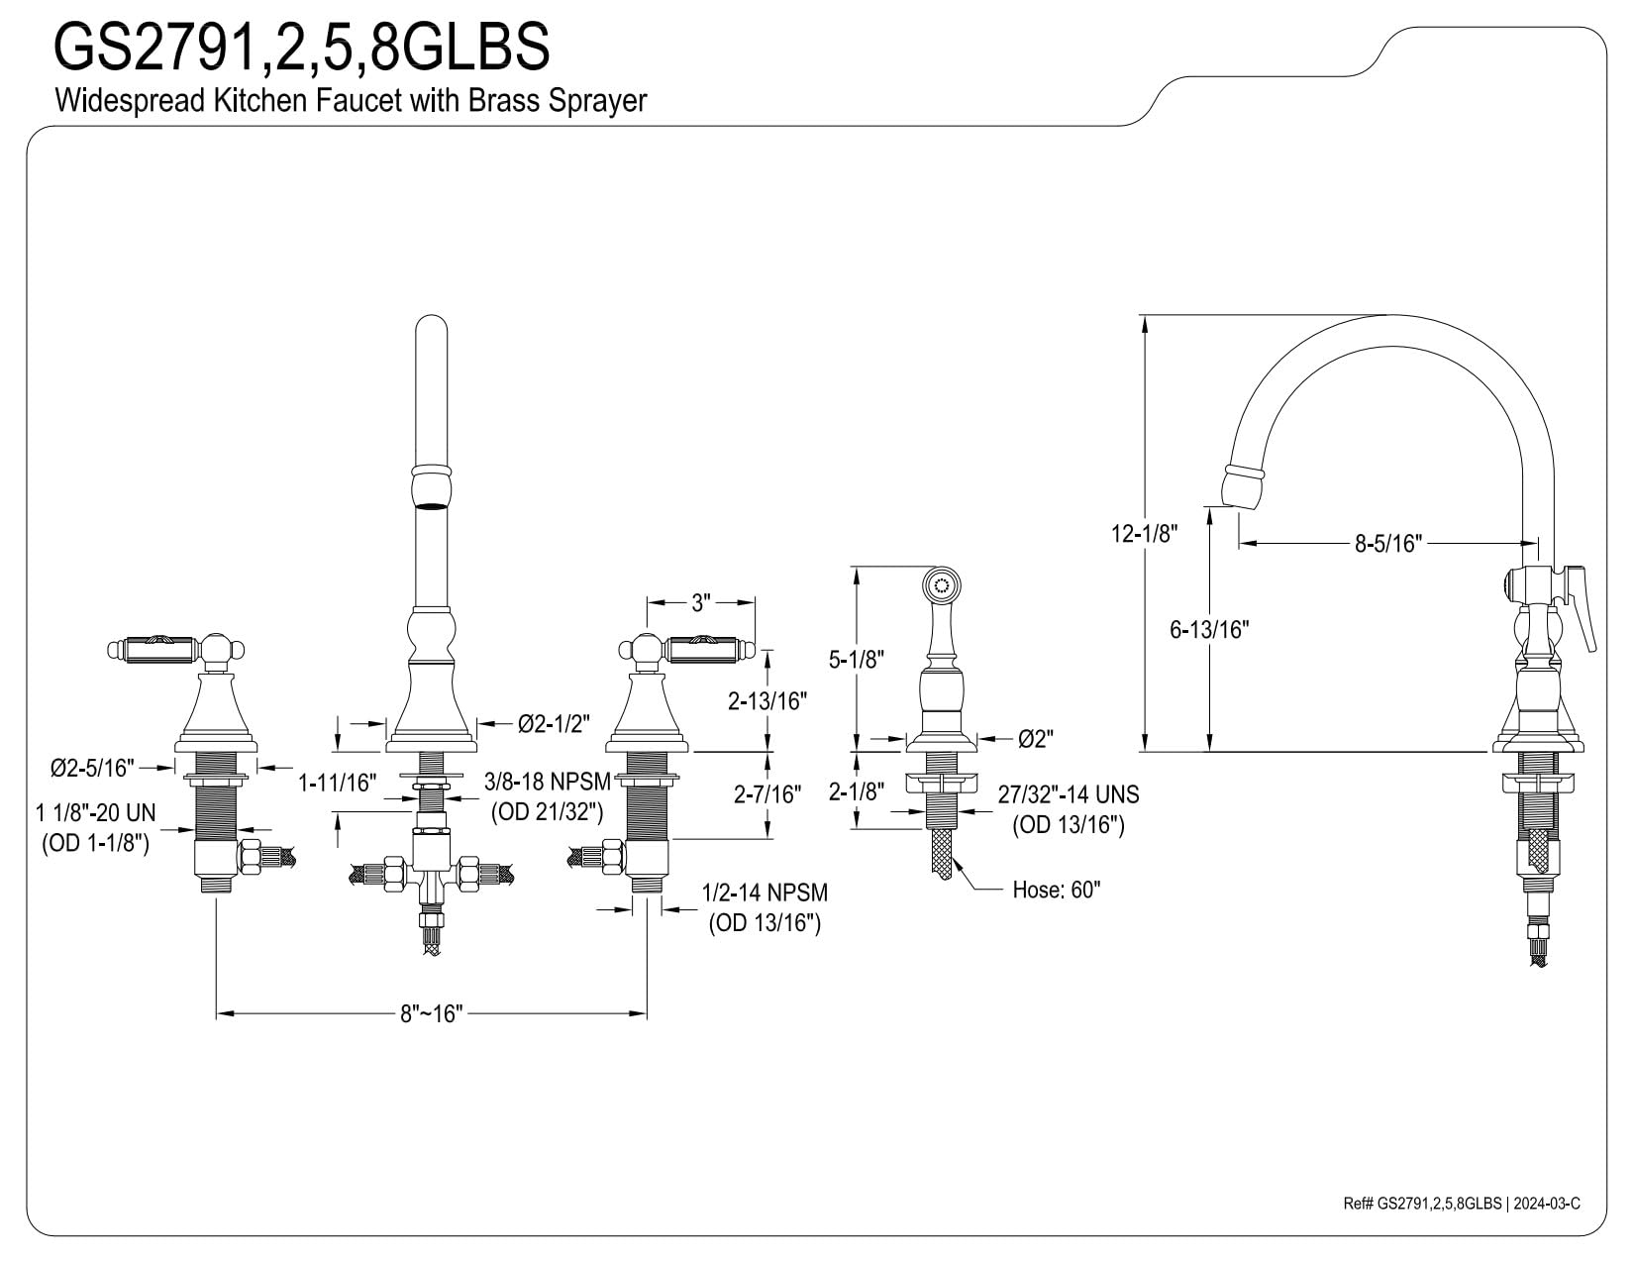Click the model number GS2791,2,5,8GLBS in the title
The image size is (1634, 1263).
[x=301, y=47]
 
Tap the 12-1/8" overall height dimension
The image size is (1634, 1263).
[x=1145, y=534]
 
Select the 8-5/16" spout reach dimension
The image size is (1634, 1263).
[x=1388, y=543]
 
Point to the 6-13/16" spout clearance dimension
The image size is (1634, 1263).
[x=1209, y=630]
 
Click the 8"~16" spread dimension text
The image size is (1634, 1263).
[x=432, y=1014]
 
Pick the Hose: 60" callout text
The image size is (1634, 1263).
[x=1056, y=890]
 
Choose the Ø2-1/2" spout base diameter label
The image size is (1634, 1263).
[x=554, y=724]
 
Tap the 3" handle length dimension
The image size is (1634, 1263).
[x=701, y=602]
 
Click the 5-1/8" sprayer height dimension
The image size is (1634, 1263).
[x=857, y=660]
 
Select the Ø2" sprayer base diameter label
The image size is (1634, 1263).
[x=1036, y=739]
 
